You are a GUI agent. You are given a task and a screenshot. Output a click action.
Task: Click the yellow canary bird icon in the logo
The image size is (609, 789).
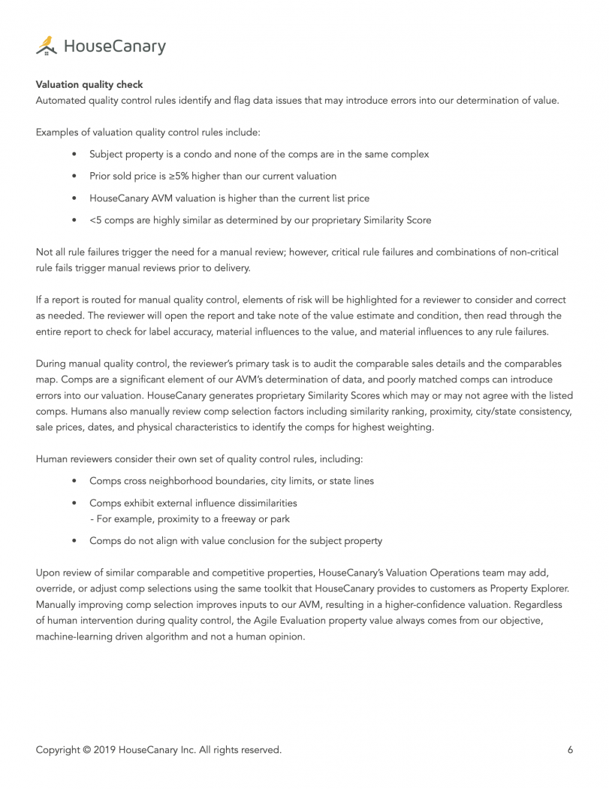(x=47, y=46)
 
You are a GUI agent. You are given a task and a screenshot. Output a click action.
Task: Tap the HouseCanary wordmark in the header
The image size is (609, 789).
(x=114, y=47)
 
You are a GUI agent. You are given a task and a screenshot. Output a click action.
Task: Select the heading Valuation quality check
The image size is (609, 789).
(x=89, y=85)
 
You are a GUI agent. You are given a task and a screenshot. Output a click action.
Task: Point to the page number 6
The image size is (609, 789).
(x=571, y=749)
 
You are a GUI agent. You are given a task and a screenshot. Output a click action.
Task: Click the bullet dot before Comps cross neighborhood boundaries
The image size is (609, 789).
(x=74, y=481)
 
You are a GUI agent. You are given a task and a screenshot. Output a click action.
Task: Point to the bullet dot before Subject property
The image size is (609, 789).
(x=74, y=154)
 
